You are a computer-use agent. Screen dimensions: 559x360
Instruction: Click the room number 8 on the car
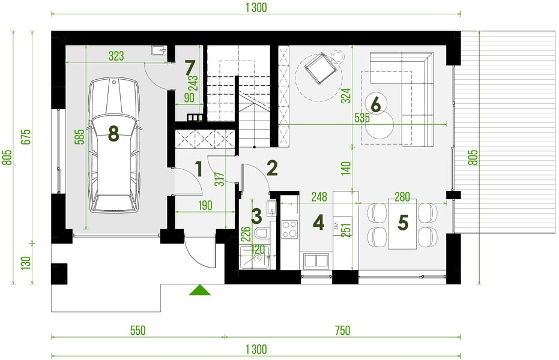pos(113,133)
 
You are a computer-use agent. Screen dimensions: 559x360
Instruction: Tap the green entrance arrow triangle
pos(201,290)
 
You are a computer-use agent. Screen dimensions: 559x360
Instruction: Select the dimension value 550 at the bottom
pos(137,331)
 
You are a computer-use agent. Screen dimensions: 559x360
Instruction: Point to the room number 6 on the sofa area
pos(376,104)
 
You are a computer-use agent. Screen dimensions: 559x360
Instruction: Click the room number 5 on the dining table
pos(403,223)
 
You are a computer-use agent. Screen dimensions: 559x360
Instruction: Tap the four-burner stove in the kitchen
pos(290,229)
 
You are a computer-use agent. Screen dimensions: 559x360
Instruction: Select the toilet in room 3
pos(262,234)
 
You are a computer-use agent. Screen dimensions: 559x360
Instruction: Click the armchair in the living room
pos(319,68)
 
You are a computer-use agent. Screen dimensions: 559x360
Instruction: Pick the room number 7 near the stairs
pos(190,65)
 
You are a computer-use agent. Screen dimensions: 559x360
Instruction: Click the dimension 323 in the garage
pos(116,56)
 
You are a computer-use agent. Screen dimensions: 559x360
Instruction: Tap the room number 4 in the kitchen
pos(318,224)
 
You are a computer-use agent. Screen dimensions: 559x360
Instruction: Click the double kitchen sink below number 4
pos(315,260)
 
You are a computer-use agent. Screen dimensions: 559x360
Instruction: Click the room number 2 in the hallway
pos(272,168)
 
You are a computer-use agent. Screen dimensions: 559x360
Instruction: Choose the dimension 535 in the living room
pos(362,118)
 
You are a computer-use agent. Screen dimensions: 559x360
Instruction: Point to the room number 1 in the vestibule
pos(198,169)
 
